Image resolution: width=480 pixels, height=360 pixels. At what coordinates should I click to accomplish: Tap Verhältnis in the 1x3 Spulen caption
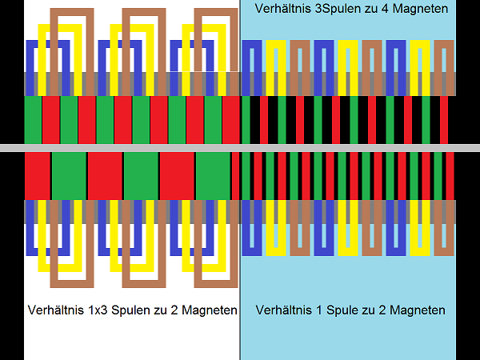(x=53, y=310)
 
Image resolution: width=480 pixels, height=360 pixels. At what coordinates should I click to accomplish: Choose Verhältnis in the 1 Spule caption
(x=282, y=310)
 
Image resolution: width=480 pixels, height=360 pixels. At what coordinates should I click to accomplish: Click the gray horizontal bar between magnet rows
(x=240, y=148)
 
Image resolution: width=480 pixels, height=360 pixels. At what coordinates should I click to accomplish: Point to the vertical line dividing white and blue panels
(x=240, y=336)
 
